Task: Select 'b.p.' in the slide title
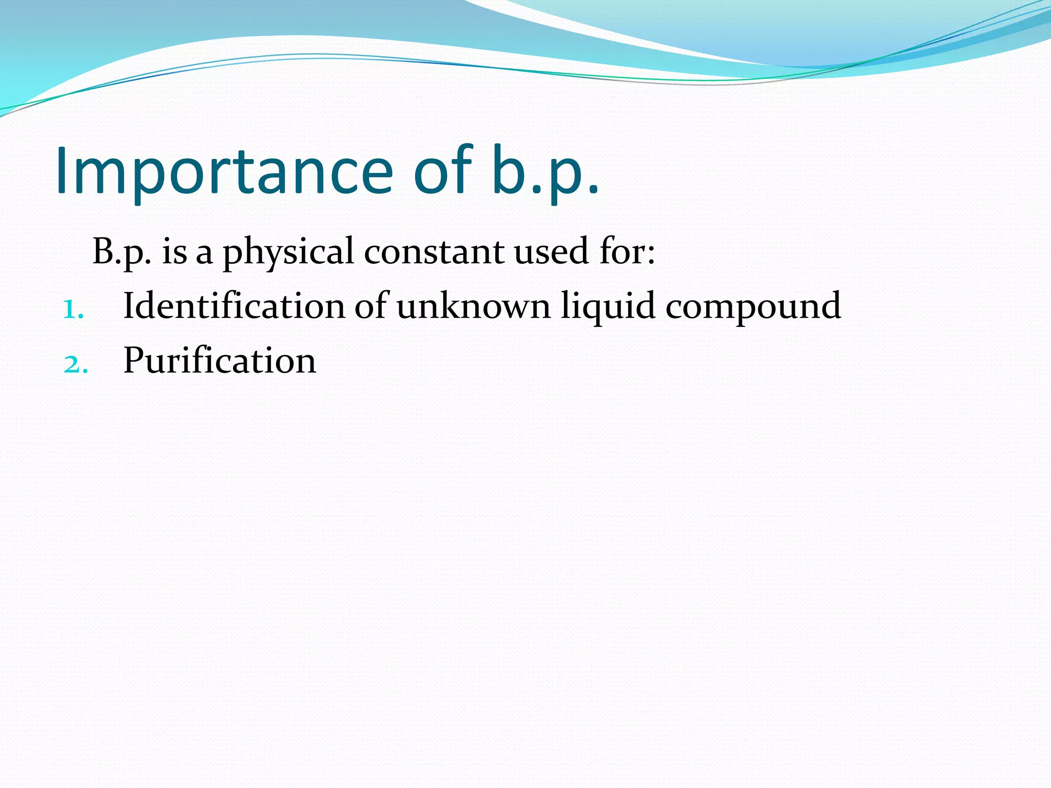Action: click(x=545, y=171)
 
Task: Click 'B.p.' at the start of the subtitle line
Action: click(x=122, y=252)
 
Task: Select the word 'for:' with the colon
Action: click(x=627, y=251)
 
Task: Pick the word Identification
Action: click(x=234, y=306)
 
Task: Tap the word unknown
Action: click(x=473, y=306)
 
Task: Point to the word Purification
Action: click(x=220, y=360)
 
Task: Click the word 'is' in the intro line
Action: click(x=174, y=252)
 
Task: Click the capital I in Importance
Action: click(x=62, y=170)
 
